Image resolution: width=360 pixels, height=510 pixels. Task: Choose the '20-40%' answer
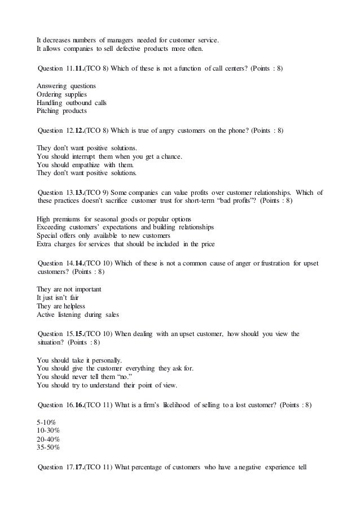click(48, 439)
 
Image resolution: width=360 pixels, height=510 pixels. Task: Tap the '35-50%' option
click(48, 448)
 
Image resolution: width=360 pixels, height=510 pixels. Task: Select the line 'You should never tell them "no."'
click(84, 377)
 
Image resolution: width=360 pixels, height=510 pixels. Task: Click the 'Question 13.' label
click(55, 193)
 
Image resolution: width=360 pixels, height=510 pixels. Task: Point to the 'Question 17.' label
click(55, 467)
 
